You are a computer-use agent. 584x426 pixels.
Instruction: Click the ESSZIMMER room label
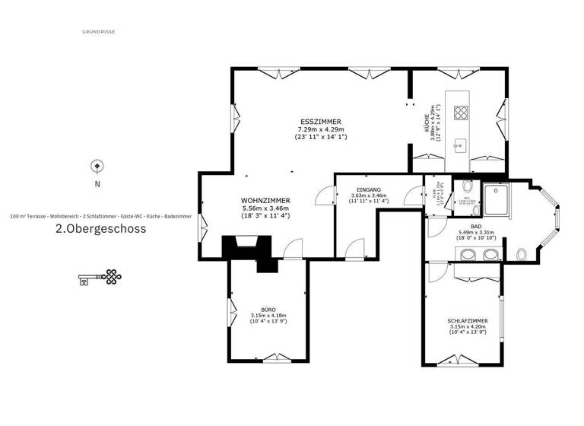coord(320,122)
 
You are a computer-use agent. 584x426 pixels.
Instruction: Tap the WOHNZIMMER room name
coord(261,201)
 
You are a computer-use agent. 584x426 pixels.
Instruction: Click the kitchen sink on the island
coord(460,145)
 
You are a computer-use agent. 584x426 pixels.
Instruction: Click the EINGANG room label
coord(368,189)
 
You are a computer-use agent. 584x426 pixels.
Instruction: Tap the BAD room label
coord(475,226)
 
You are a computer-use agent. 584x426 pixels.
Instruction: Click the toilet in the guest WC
coord(467,186)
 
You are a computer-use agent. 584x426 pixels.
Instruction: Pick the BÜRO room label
coord(268,310)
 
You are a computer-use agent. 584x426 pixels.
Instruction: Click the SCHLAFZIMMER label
coord(468,321)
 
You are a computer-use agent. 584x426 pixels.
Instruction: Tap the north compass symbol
coord(97,166)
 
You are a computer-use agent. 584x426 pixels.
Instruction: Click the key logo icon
coord(100,278)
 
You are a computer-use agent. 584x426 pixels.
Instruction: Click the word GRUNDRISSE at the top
coord(98,32)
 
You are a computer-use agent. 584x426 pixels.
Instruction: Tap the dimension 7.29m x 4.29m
coord(320,130)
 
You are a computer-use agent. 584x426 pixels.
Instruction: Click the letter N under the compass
coord(97,184)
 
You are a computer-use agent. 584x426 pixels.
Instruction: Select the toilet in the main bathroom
coord(520,255)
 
